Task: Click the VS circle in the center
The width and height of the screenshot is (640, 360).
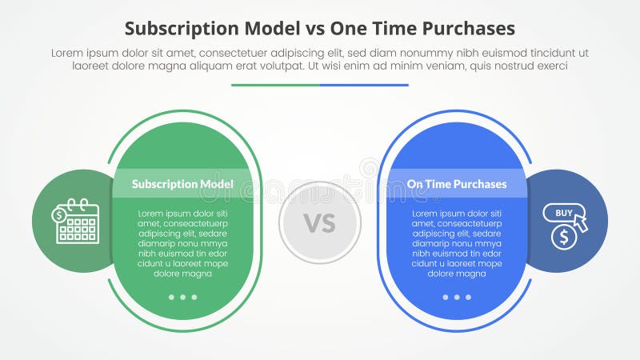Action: pos(320,222)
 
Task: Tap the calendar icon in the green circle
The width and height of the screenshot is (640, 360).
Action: pos(78,222)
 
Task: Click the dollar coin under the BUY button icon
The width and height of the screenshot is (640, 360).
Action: pos(564,236)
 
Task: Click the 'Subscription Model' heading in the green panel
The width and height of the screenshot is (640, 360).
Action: pos(182,184)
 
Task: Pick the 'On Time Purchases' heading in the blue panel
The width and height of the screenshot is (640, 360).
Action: pos(457,184)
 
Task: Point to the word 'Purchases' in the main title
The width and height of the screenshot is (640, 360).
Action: pos(472,30)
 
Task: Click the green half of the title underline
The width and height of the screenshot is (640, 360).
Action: pos(275,85)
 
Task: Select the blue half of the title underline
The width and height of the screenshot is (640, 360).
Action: pos(364,85)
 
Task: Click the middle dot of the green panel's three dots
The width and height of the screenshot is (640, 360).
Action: pos(182,297)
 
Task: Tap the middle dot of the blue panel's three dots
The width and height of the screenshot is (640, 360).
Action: pos(457,297)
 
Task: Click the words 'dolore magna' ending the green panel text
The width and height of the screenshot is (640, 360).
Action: pos(182,274)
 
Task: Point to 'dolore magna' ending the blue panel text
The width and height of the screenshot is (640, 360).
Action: pos(457,274)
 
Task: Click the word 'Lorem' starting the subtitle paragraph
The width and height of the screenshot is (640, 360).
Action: pos(67,53)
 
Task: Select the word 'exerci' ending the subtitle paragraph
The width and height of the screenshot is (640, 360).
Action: pos(550,66)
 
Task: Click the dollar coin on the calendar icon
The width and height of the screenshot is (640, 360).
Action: pos(60,214)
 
